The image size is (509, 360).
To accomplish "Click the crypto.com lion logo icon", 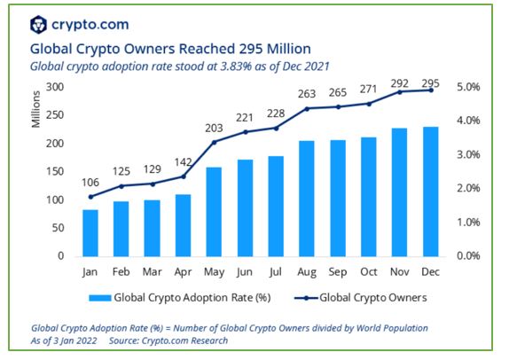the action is pos(38,25).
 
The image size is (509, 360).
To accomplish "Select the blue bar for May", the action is pos(214,212).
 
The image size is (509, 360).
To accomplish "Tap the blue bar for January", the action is pos(90,233).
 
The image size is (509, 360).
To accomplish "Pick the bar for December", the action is pos(430,192).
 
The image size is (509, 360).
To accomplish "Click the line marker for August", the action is pos(307,109).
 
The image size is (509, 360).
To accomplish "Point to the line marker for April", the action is pos(183,176).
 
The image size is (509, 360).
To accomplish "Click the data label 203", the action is pos(214,129).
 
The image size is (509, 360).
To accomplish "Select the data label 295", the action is pos(430,83).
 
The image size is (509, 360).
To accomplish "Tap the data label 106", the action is pos(90,183).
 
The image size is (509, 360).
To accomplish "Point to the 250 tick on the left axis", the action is pos(55,115).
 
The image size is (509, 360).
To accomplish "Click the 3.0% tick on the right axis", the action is pos(468,154).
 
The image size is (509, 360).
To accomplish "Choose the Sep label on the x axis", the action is pos(338,271).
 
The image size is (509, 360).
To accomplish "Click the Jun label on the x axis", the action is pos(245,271).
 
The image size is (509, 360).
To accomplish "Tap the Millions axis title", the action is pos(35,109).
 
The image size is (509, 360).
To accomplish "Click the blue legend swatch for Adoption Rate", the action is pos(100,298).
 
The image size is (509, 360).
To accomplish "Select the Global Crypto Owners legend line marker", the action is pos(306,298).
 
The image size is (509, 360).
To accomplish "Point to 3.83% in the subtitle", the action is pos(236,67).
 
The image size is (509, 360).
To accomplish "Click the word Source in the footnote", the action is pos(124,340).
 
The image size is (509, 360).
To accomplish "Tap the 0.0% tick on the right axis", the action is pos(468,255).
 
